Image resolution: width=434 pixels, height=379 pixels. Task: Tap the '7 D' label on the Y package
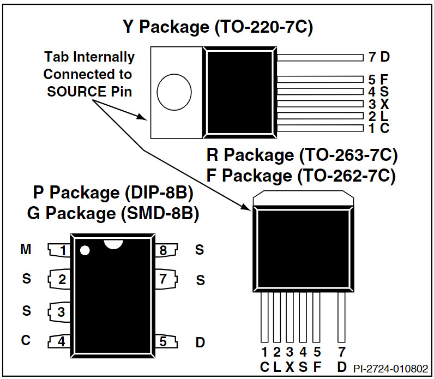pyautogui.click(x=379, y=57)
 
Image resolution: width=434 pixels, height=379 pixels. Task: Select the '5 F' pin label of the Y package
pyautogui.click(x=378, y=80)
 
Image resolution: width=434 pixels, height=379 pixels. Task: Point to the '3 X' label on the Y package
pyautogui.click(x=378, y=104)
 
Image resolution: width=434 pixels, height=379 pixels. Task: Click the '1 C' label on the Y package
pyautogui.click(x=378, y=128)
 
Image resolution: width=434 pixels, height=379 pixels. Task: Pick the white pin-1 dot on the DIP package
pyautogui.click(x=85, y=251)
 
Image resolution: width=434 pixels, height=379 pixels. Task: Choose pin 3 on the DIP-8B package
pyautogui.click(x=61, y=311)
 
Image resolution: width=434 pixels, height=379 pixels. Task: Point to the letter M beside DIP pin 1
pyautogui.click(x=26, y=249)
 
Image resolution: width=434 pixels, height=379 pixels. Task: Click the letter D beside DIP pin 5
pyautogui.click(x=200, y=342)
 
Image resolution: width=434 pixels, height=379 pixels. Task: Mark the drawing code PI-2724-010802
pyautogui.click(x=391, y=368)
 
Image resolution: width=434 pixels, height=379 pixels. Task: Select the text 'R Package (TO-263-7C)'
pyautogui.click(x=302, y=155)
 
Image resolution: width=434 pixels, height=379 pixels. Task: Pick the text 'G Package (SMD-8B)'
pyautogui.click(x=113, y=214)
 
